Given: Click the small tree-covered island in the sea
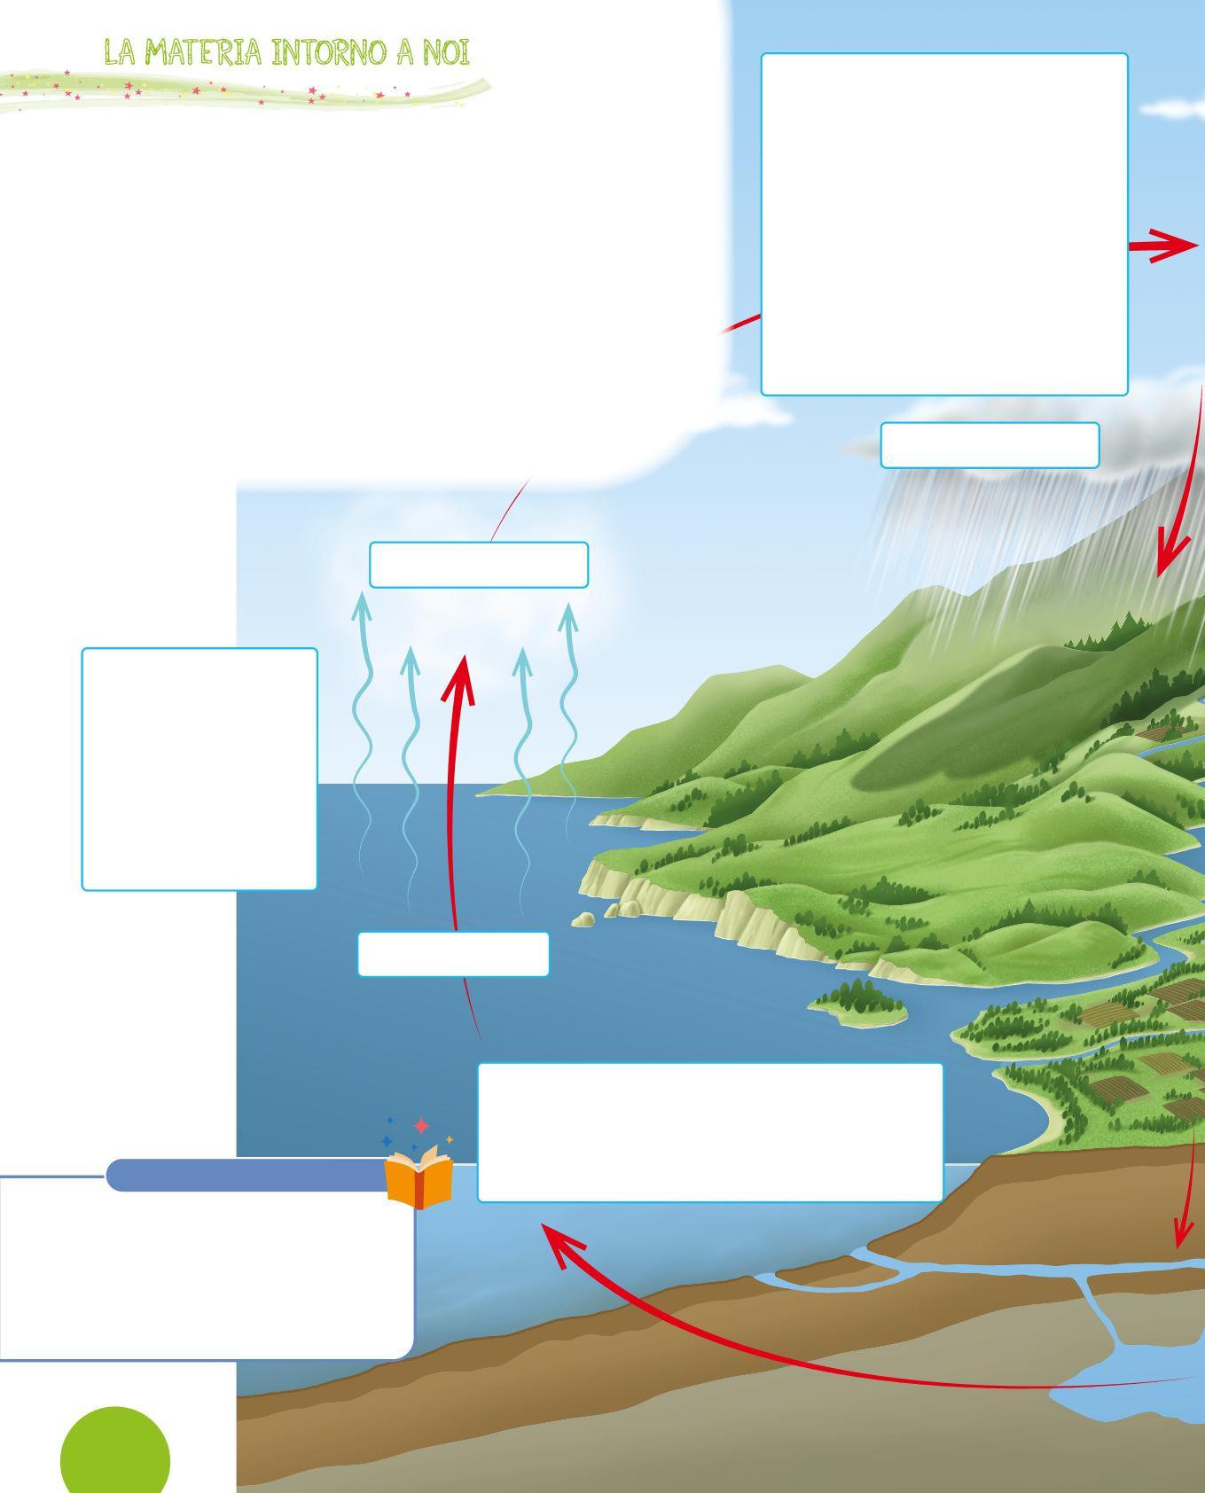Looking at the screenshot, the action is click(x=859, y=1008).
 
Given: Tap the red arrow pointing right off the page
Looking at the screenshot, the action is click(x=1165, y=246).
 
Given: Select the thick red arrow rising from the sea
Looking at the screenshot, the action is click(x=456, y=798).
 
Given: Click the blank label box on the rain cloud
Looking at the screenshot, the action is click(x=990, y=445).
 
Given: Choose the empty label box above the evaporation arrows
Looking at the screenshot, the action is click(x=479, y=565).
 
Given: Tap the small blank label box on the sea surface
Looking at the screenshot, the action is click(x=453, y=954).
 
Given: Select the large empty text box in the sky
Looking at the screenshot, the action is click(x=944, y=223).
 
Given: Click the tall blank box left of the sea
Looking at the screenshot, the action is click(x=200, y=769).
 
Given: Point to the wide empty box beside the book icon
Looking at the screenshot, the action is click(x=710, y=1132).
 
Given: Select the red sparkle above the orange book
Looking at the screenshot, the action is click(x=421, y=1126).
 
